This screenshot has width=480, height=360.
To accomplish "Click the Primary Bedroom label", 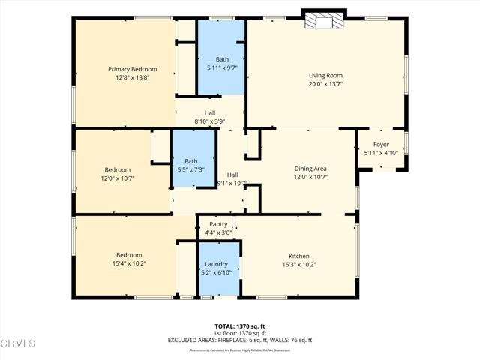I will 132,69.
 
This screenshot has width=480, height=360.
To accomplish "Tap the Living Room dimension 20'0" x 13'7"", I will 325,83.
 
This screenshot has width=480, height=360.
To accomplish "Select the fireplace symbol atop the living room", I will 324,21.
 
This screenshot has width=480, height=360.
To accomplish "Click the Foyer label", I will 381,145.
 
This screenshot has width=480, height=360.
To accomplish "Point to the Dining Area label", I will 310,169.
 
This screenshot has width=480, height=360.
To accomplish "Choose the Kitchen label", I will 298,256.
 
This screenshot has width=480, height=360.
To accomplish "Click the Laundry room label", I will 217,264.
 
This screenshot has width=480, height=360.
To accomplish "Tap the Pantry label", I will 218,224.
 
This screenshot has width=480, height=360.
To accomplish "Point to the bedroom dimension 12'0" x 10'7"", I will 117,178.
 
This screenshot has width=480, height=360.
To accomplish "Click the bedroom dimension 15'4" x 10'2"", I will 128,263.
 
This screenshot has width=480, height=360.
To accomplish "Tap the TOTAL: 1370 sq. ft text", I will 239,326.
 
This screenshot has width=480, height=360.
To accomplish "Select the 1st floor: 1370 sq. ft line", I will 239,333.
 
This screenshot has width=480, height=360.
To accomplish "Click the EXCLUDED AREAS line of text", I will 239,340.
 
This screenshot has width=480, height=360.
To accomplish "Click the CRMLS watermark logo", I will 19,343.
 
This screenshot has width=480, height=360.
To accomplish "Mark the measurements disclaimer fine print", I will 239,350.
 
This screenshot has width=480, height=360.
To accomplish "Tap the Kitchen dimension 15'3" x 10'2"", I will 298,264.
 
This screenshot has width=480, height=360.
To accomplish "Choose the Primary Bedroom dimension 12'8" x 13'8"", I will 132,77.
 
